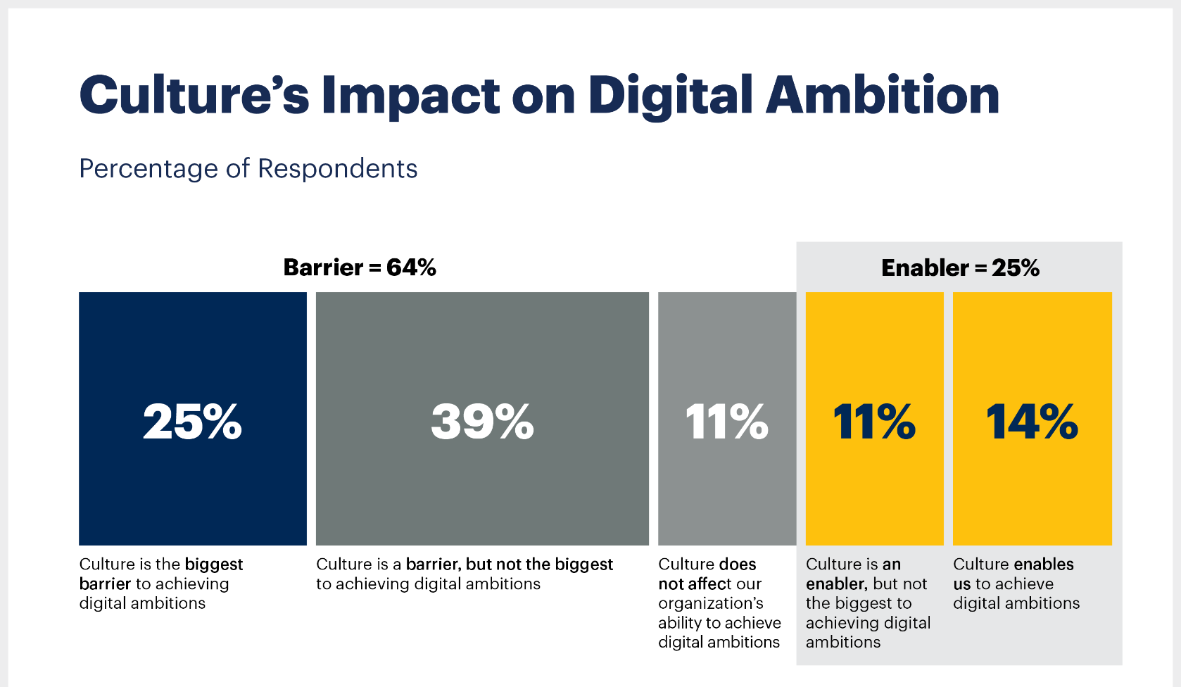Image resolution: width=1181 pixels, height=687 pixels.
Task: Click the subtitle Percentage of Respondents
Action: click(248, 169)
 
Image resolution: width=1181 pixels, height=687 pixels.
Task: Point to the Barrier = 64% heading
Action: click(360, 267)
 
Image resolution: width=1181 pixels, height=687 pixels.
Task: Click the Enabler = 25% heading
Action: click(960, 268)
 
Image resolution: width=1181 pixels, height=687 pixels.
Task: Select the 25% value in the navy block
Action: click(192, 422)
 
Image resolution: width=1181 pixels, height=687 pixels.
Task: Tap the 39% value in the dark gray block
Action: click(482, 422)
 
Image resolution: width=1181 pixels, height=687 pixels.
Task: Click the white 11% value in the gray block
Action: click(726, 422)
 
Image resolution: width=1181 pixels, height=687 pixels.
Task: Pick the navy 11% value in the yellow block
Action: click(874, 422)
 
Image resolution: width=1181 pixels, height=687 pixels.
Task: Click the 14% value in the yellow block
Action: click(1032, 422)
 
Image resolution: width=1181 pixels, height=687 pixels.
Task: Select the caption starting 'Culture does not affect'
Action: click(719, 603)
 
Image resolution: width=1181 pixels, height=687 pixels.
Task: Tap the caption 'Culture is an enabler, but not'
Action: click(867, 603)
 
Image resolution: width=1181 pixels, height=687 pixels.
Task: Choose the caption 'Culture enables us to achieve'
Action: click(1015, 584)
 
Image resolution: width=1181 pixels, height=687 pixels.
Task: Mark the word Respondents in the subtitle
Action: click(337, 169)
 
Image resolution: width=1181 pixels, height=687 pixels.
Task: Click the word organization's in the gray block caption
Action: click(710, 603)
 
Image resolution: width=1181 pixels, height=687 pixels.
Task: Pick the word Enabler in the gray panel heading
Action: click(925, 268)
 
